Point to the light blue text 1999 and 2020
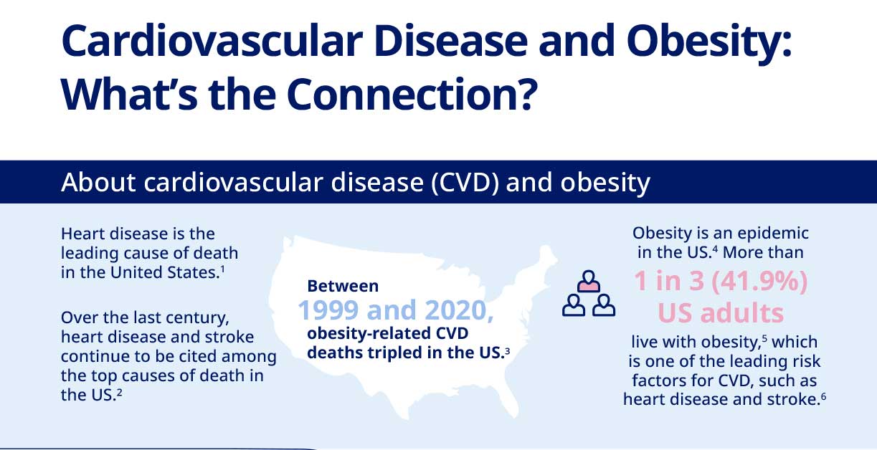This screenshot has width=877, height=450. [395, 311]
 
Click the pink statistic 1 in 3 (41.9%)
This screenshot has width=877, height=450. [721, 282]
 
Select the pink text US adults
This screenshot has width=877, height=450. [721, 314]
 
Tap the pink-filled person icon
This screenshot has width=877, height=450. [589, 281]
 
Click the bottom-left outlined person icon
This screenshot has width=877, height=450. [574, 305]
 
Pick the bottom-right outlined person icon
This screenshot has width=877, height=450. [605, 305]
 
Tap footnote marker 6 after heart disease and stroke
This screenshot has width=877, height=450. [824, 396]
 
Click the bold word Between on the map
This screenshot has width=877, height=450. [343, 286]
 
